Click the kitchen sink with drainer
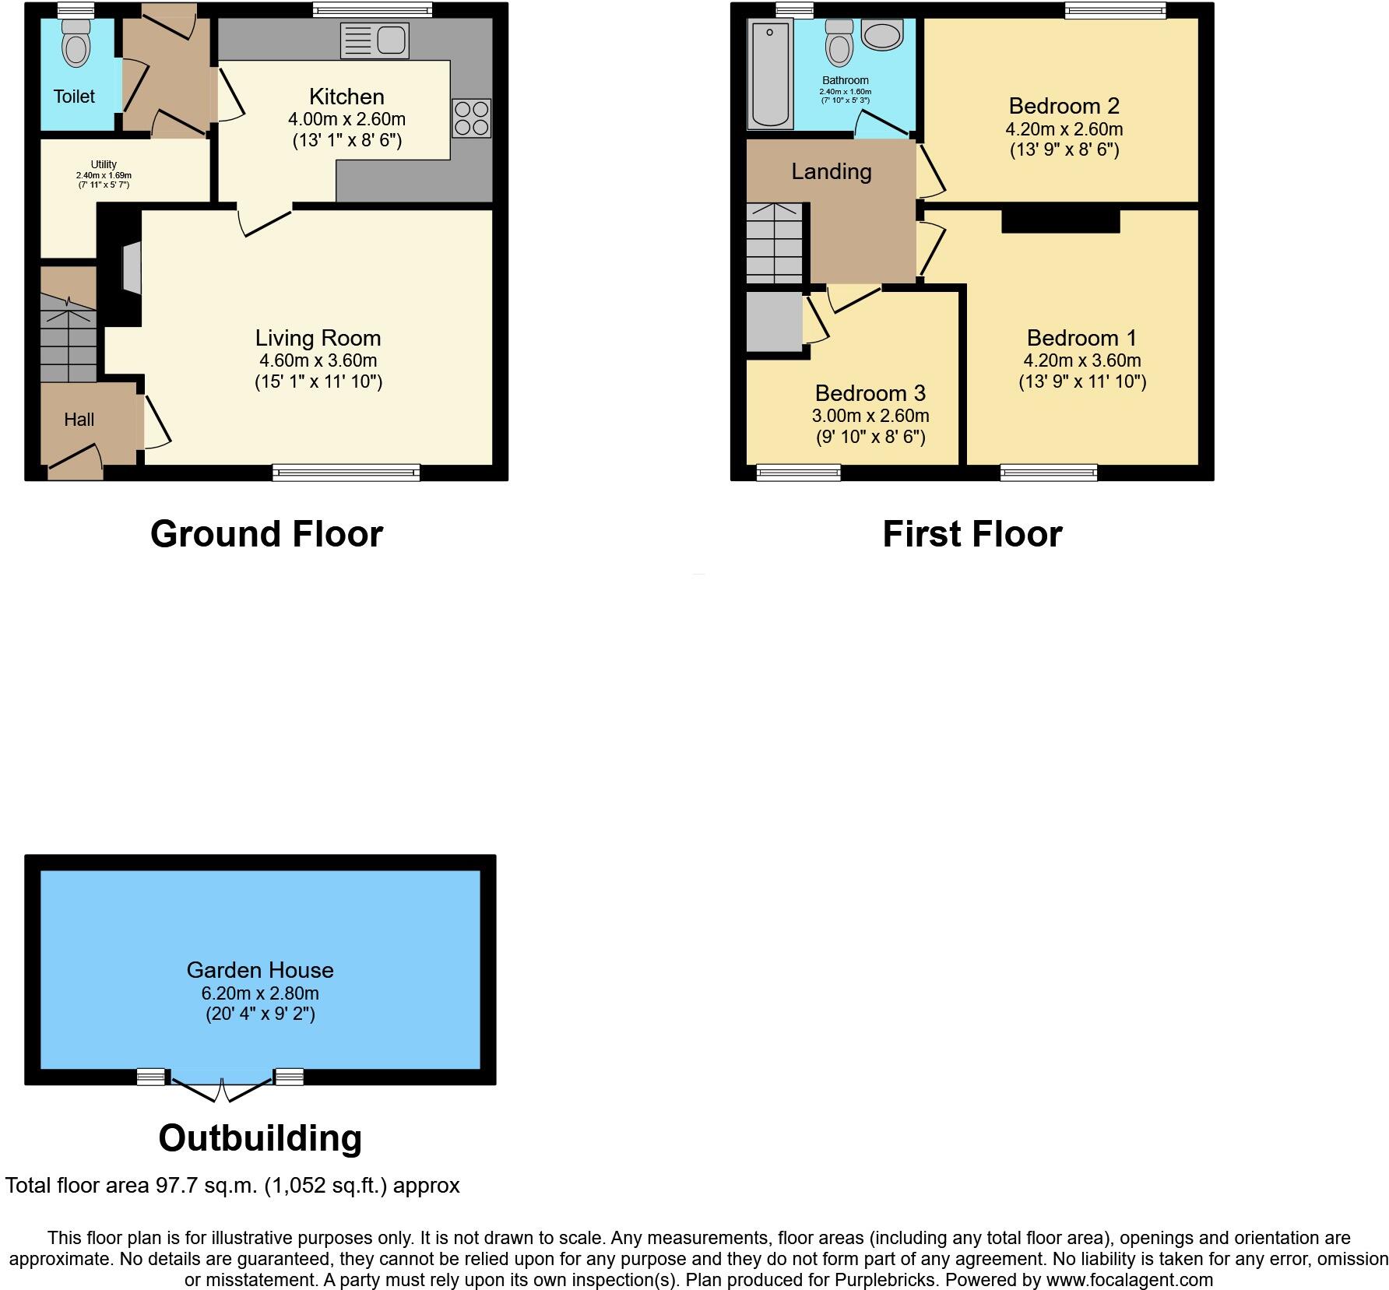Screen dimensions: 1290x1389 point(375,40)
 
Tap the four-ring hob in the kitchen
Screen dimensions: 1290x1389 point(471,118)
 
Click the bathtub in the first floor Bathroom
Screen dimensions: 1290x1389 point(769,75)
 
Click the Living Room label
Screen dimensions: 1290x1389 point(318,338)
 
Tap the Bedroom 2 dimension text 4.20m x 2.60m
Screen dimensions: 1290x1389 point(1064,129)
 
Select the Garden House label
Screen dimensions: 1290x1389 point(260,970)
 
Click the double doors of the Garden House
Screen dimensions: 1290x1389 point(222,1089)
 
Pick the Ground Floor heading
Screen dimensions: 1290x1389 point(266,535)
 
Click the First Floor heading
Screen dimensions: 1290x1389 point(972,535)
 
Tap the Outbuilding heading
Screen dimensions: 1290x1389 point(260,1138)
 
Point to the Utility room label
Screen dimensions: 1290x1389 point(104,164)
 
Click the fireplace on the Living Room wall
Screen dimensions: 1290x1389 point(132,269)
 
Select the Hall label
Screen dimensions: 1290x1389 point(79,420)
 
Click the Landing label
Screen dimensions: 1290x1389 point(831,171)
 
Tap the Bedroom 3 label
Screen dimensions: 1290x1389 point(870,393)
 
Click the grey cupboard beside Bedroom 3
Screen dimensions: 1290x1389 point(774,321)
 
